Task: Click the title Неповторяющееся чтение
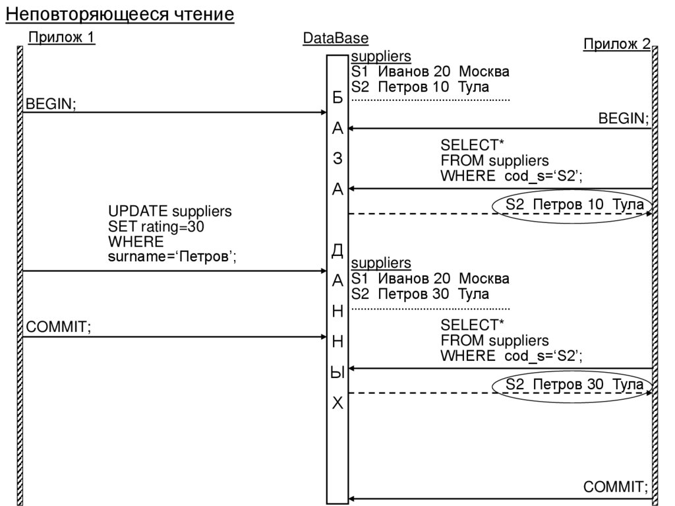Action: (120, 15)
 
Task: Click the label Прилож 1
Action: (61, 38)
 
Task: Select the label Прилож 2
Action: (616, 44)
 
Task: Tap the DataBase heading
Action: (336, 38)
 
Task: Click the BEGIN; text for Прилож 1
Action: (51, 104)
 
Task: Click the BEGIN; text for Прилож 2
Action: (624, 119)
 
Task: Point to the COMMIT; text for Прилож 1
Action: (58, 327)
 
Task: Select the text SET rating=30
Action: (156, 227)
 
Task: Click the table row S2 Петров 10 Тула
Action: (420, 87)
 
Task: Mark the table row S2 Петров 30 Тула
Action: (420, 294)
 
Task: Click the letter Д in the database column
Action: (337, 250)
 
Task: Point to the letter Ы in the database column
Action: (337, 373)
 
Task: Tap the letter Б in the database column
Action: (337, 98)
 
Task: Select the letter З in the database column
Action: (337, 159)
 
